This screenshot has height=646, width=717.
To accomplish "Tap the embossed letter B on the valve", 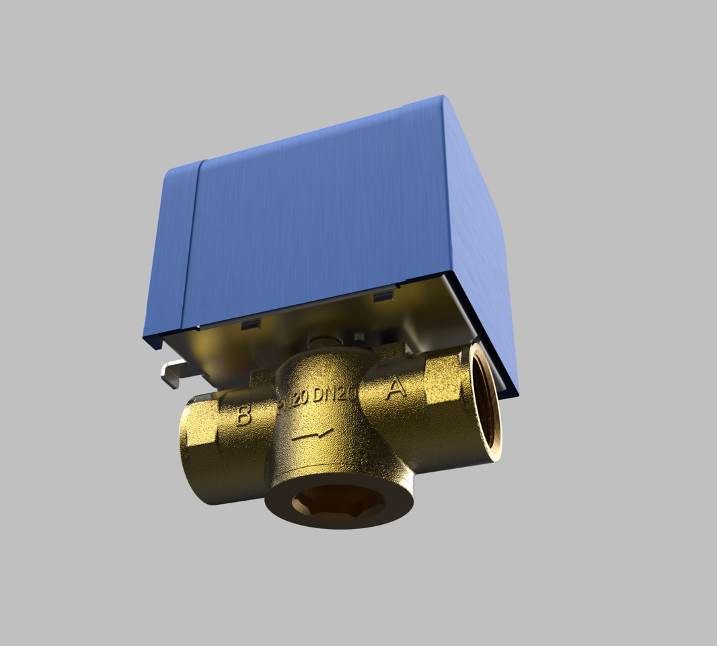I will point(243,416).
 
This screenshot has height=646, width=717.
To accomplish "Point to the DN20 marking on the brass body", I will point(334,396).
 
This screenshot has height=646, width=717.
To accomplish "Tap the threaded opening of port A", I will point(486,402).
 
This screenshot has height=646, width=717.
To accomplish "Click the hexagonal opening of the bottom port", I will point(338,501).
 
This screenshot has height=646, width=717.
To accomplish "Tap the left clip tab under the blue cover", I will point(250,326).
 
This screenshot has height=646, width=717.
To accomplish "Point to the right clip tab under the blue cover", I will point(383,296).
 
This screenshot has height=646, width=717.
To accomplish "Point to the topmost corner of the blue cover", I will point(441,96).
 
